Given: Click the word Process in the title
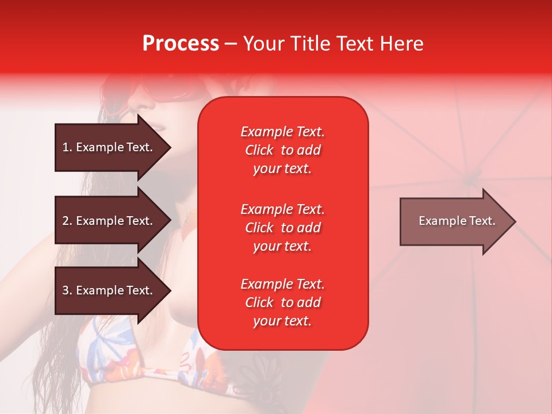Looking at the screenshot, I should click(x=181, y=44).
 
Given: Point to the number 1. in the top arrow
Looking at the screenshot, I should click(x=67, y=147).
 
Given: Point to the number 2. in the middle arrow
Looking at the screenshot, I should click(x=67, y=221).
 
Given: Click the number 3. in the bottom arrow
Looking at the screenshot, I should click(x=67, y=290).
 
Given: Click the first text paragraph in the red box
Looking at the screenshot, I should click(x=282, y=150).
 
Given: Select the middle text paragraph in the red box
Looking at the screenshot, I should click(x=282, y=228).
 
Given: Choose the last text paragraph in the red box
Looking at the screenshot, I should click(x=282, y=302).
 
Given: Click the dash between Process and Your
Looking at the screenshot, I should click(x=231, y=44).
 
